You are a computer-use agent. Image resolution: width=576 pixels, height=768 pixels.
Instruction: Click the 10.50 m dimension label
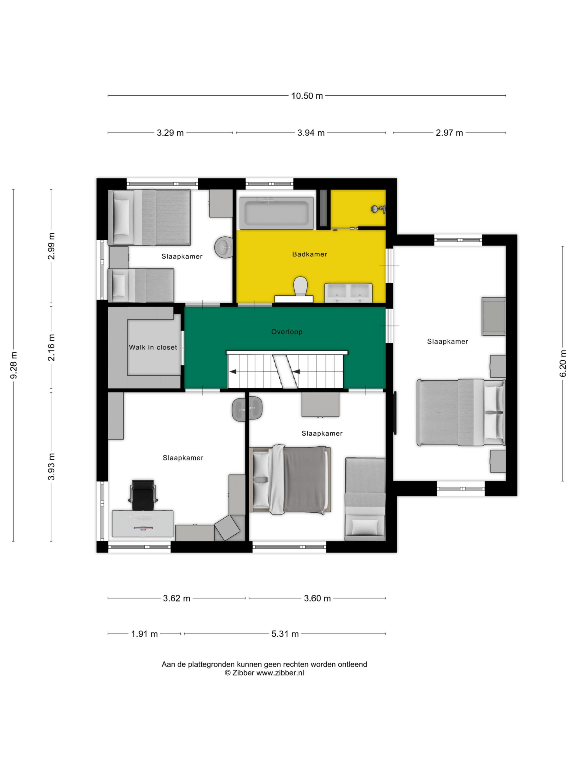point(307,96)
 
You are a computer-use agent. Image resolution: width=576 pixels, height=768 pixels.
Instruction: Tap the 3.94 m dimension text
point(311,133)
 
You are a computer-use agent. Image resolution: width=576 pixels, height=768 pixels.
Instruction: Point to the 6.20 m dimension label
point(563,363)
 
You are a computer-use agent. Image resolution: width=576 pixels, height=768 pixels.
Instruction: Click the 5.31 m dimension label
point(285,634)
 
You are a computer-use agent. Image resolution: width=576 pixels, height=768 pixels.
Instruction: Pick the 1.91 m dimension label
point(144,634)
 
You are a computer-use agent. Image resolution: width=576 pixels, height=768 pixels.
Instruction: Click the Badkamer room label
point(310,254)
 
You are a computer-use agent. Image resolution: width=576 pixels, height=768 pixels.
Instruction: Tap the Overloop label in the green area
point(287,332)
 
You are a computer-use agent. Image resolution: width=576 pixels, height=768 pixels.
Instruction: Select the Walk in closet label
point(153,347)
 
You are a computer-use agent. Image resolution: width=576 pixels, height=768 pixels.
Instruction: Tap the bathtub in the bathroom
point(276,213)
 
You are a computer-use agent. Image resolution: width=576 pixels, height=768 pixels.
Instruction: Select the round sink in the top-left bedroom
point(223,247)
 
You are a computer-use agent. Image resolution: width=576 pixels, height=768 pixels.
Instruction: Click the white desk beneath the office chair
point(142,523)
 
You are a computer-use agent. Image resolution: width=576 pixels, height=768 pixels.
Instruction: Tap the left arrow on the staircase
point(233,372)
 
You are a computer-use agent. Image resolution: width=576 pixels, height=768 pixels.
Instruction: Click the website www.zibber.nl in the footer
point(280,673)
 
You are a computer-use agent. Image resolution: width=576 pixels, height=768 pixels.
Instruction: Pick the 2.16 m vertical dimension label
point(51,347)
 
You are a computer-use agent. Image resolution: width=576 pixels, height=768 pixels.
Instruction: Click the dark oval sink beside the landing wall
point(247,410)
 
